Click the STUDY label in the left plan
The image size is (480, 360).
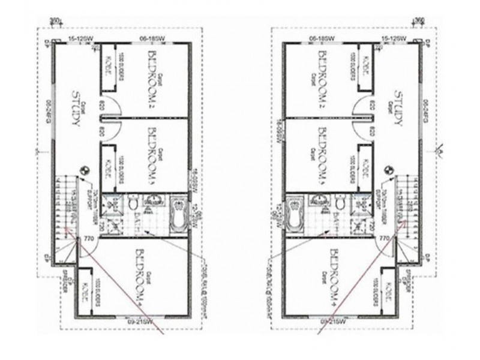76,108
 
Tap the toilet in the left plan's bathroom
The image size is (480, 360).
133,204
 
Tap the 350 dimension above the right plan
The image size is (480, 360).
420,20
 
